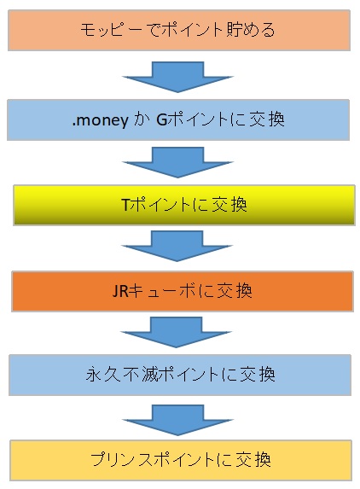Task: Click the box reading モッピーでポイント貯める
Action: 179,30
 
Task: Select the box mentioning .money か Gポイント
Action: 178,120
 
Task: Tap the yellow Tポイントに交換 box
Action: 184,205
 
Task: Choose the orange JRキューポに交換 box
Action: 183,291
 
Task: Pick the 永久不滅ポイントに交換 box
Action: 180,375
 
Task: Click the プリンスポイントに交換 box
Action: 181,460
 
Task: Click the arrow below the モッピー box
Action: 177,77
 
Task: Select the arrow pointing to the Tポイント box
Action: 177,162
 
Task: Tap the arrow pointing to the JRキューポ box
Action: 177,246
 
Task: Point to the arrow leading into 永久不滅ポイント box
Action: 176,332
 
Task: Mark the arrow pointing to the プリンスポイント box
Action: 177,420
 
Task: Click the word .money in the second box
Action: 100,120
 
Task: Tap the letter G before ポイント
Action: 162,119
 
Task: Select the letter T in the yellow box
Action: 125,205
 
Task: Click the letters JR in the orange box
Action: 120,291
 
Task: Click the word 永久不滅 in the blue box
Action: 121,375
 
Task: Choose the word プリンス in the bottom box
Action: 121,460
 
